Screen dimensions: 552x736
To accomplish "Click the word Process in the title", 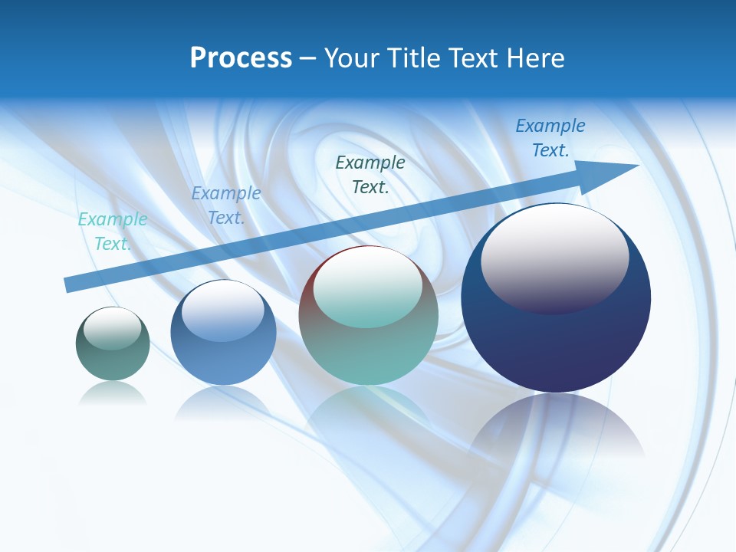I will click(x=241, y=58).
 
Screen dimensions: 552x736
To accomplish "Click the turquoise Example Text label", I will click(x=113, y=232).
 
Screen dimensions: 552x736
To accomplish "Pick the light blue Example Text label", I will click(x=226, y=205).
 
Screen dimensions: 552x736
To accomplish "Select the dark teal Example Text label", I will click(x=370, y=174).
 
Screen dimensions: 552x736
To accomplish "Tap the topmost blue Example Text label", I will click(x=550, y=138).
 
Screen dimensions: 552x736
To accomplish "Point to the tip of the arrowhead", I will click(x=638, y=166).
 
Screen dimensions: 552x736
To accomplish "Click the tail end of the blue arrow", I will click(x=67, y=285).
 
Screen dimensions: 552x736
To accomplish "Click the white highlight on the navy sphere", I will click(x=555, y=257).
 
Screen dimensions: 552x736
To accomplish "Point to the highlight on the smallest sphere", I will click(x=113, y=328).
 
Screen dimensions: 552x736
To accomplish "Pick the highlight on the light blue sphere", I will click(x=223, y=311).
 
